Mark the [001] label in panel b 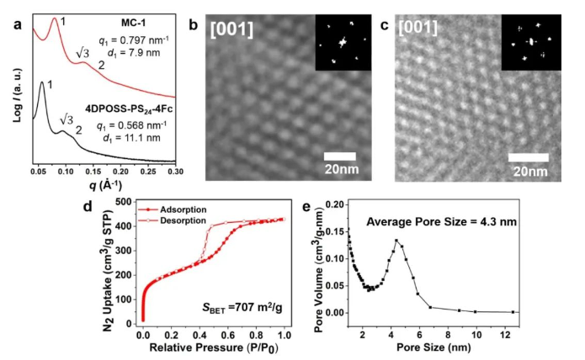pos(232,31)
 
